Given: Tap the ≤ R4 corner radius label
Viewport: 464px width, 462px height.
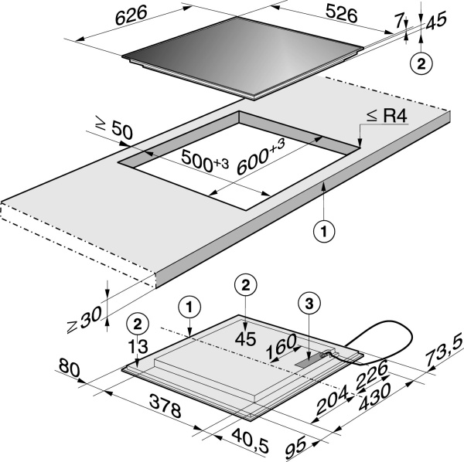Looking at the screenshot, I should click(x=387, y=116).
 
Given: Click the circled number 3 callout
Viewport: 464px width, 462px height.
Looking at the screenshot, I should click(x=309, y=304).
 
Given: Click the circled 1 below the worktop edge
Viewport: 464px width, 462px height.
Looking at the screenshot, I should click(x=321, y=229).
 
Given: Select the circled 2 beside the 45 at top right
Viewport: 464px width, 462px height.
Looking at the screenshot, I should click(x=421, y=63).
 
